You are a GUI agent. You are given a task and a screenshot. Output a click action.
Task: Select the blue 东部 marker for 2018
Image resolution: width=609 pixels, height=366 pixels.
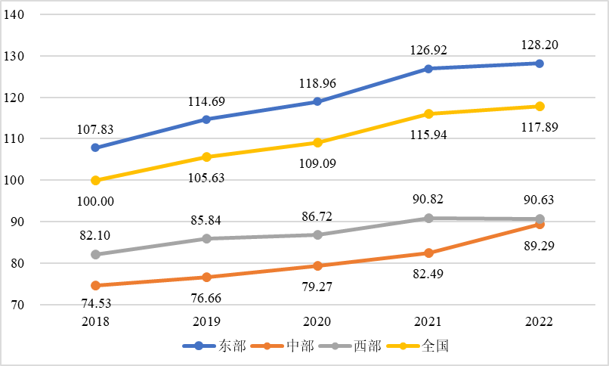(96, 147)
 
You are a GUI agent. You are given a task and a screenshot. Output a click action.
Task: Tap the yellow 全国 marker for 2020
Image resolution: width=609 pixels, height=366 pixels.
(317, 142)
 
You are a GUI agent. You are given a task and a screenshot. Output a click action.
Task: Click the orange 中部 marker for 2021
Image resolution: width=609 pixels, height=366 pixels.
(428, 253)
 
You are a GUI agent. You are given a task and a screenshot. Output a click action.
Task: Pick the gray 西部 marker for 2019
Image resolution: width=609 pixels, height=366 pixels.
(207, 238)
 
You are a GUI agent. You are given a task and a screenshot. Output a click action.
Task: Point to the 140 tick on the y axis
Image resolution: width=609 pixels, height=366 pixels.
(35, 15)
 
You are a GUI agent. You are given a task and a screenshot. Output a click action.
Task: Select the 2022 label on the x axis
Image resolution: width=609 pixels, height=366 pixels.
(539, 321)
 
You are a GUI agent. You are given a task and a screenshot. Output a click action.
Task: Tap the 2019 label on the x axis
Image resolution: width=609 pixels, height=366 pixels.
(207, 321)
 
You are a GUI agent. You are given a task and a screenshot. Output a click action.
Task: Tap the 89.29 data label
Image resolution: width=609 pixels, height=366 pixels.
(539, 246)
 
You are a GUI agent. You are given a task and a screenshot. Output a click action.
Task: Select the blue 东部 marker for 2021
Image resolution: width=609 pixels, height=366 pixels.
(428, 69)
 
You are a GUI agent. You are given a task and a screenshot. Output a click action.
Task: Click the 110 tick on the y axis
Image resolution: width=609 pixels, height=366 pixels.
(35, 139)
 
